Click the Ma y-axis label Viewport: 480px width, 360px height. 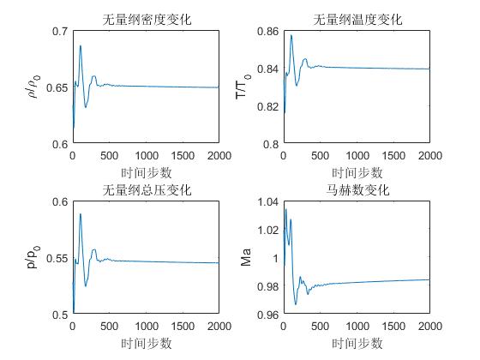tap(246, 258)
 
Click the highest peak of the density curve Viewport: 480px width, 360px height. tap(81, 45)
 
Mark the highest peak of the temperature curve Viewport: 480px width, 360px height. tap(291, 35)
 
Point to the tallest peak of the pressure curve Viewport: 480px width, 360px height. tap(81, 213)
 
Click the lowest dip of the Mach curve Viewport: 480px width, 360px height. tap(296, 304)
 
